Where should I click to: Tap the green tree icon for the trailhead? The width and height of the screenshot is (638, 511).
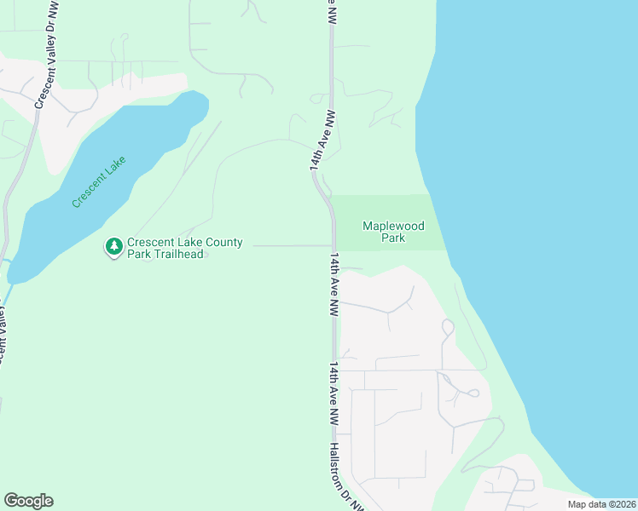tap(113, 247)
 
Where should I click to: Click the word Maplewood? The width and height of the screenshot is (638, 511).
tap(393, 226)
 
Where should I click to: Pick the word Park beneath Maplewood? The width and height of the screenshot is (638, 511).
tap(393, 238)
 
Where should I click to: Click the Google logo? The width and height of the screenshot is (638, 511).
tap(28, 501)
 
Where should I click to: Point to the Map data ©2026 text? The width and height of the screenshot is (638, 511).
tap(601, 504)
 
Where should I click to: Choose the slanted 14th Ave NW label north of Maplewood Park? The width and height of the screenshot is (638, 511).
tap(322, 141)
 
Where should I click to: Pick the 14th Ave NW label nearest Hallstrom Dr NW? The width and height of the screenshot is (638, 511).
tap(335, 394)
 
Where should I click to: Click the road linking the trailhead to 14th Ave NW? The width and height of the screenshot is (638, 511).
tap(290, 246)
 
